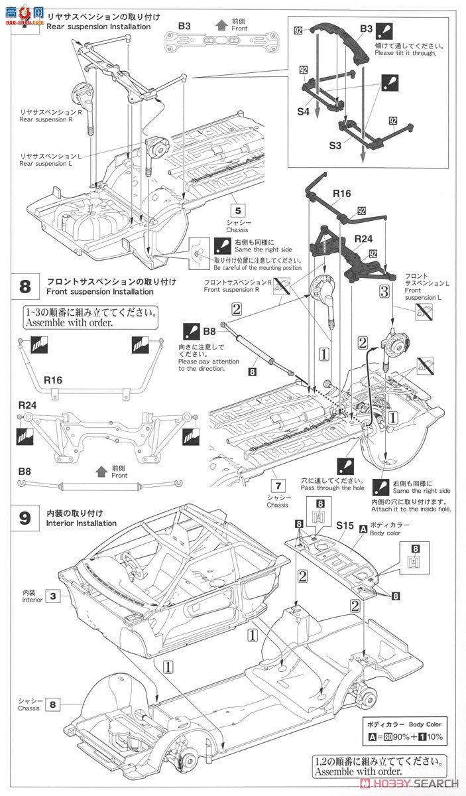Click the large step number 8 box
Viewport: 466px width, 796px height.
point(25,287)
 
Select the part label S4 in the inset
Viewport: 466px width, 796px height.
point(302,112)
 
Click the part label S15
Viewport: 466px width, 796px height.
point(343,525)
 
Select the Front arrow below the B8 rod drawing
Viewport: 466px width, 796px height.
point(101,472)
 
